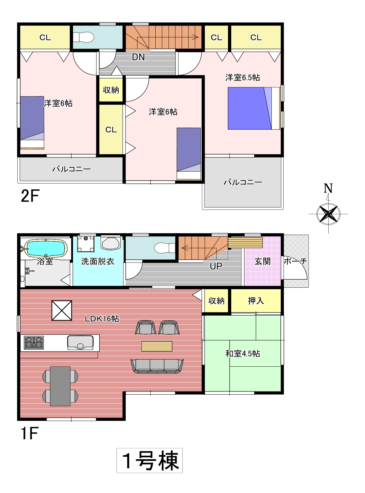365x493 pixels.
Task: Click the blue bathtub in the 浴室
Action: click(46, 248)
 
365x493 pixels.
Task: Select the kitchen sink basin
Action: click(80, 342)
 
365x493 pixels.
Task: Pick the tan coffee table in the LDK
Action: click(157, 346)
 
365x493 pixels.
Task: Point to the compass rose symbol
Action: click(328, 214)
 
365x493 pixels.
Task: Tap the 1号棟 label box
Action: click(150, 460)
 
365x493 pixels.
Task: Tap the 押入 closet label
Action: click(256, 301)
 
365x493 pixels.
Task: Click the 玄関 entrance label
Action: click(262, 261)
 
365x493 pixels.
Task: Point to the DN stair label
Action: click(138, 57)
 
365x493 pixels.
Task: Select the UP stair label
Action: click(216, 266)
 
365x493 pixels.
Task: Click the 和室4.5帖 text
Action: click(243, 354)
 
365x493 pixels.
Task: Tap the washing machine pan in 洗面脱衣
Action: click(86, 243)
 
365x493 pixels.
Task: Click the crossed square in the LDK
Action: click(62, 310)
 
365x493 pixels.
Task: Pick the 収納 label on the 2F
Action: click(111, 90)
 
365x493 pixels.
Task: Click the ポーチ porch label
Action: click(296, 261)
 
